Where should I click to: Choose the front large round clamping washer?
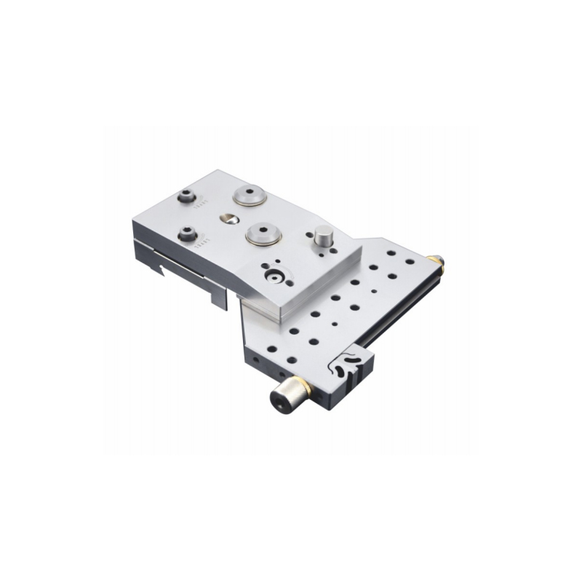tap(263, 234)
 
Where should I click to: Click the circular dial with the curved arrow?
tap(275, 276)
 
